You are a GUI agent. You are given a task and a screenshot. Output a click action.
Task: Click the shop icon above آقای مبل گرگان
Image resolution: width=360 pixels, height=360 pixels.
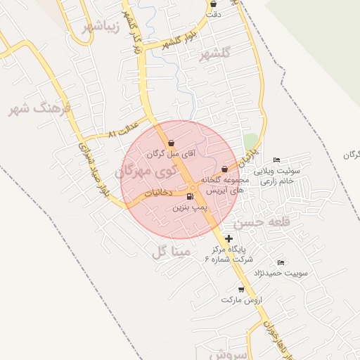pos(172,143)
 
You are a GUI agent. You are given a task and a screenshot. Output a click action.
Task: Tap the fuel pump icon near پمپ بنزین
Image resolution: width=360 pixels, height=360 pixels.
pos(191,197)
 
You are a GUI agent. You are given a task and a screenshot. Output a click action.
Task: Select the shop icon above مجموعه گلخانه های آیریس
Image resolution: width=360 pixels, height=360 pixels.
pos(224,169)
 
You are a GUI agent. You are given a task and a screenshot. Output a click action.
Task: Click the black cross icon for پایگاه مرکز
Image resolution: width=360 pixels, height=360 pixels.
pos(229,238)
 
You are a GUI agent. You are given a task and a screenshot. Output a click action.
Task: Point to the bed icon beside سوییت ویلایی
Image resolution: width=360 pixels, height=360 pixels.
pos(276,160)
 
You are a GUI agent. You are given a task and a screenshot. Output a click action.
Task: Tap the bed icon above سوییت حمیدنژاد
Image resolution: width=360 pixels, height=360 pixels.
pos(281,262)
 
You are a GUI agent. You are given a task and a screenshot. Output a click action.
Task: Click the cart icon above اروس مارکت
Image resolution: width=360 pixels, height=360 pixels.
pos(241,289)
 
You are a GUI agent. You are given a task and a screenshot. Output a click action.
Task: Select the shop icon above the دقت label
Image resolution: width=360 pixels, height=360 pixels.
pos(213,4)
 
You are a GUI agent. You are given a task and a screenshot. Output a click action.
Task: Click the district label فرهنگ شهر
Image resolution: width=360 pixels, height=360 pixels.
pos(39,108)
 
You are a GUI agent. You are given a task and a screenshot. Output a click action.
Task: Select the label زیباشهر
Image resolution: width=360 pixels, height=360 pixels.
pos(102,26)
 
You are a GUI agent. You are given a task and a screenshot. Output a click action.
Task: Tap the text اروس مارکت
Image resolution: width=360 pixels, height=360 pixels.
pos(241,300)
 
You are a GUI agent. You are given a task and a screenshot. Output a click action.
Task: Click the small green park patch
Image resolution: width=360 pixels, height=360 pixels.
pos(250,141)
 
